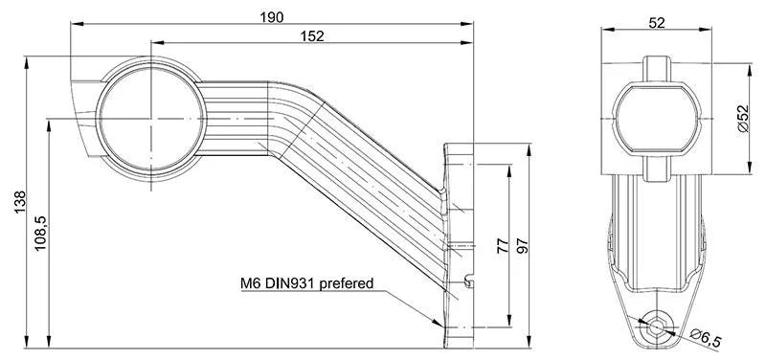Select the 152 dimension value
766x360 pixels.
(x=311, y=35)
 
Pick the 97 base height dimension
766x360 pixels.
(x=523, y=245)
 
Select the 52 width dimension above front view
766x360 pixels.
(x=657, y=23)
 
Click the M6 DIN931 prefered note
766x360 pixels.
(x=306, y=283)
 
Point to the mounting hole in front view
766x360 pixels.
(x=657, y=326)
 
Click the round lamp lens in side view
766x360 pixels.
(x=150, y=117)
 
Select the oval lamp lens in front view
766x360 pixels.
(x=657, y=116)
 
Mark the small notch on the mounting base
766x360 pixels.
(x=468, y=281)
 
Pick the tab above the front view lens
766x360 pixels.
(x=657, y=68)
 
